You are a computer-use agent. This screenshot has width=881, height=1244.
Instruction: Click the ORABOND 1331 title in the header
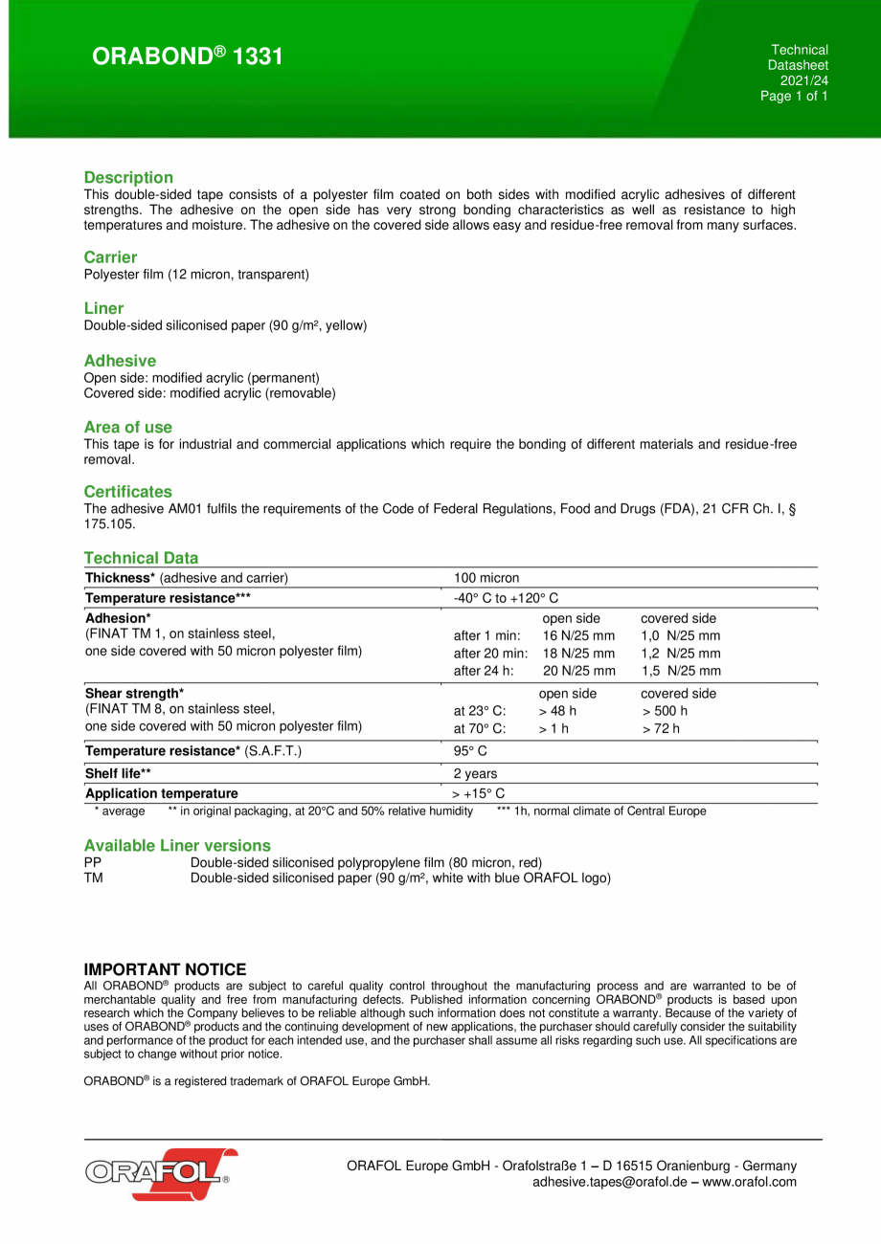(187, 56)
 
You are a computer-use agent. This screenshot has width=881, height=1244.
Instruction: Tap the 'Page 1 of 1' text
(794, 96)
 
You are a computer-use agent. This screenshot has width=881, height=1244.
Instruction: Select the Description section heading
(128, 177)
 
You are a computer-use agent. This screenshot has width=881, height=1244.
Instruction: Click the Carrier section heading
(110, 256)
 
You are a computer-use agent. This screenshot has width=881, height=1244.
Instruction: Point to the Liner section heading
(103, 308)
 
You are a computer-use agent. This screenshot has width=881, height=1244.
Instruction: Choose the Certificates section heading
(127, 491)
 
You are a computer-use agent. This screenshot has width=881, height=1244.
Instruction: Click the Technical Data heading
(141, 557)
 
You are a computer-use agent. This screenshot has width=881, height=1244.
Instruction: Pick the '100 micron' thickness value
(486, 577)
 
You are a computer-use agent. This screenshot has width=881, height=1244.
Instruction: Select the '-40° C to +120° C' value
(506, 597)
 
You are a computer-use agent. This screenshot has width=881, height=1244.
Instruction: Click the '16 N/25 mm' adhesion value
(578, 635)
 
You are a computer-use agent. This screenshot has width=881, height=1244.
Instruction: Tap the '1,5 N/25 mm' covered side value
(680, 671)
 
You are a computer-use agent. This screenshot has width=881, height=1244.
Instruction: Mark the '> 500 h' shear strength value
(665, 711)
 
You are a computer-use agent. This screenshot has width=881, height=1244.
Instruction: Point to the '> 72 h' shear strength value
(661, 728)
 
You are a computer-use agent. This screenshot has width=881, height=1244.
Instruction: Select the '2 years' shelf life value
(475, 773)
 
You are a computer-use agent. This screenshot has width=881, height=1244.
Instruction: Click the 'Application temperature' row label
(162, 793)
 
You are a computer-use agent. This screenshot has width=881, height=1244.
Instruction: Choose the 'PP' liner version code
(93, 862)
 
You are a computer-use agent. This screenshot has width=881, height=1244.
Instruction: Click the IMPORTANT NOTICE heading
(165, 969)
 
